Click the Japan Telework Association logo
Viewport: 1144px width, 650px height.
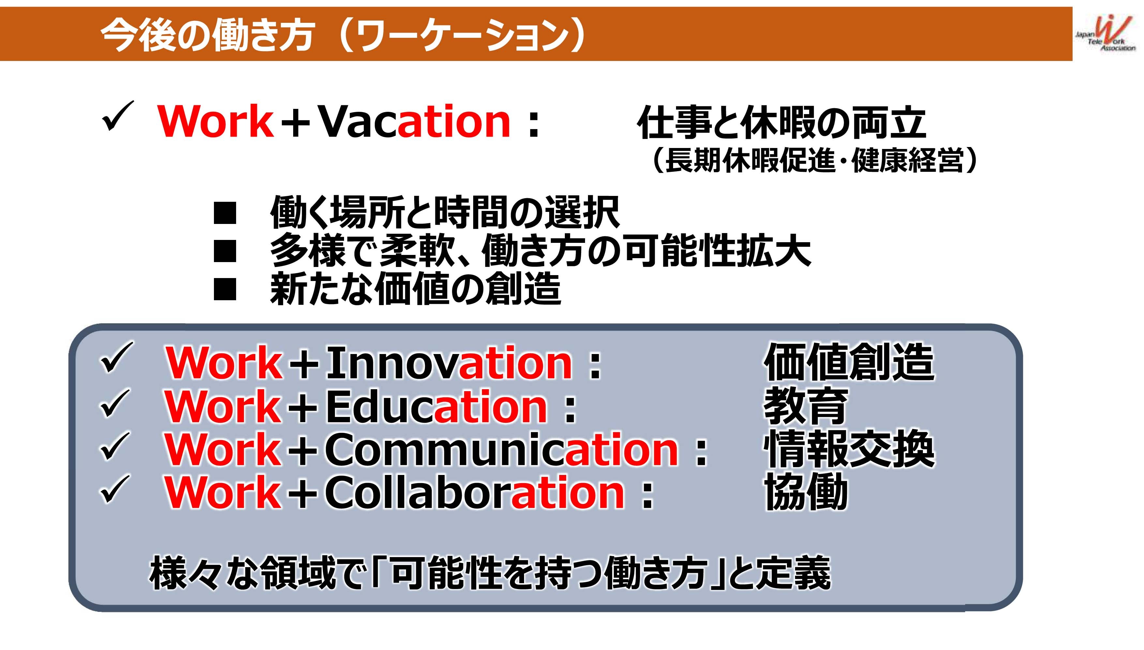coord(1106,34)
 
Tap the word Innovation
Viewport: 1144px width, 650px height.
coord(449,362)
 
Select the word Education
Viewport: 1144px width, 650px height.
coord(436,406)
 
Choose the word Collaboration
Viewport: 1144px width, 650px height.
coord(474,493)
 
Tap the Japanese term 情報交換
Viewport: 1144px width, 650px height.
coord(849,450)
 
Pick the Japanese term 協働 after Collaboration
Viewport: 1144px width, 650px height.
coord(806,493)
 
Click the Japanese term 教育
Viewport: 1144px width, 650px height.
coord(805,406)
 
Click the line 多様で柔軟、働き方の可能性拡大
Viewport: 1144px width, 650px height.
coord(540,251)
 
